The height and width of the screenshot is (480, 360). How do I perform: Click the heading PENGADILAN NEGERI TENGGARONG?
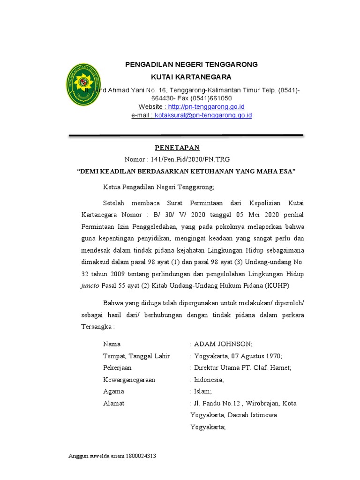pyautogui.click(x=191, y=64)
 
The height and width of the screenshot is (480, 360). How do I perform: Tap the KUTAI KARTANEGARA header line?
pyautogui.click(x=191, y=77)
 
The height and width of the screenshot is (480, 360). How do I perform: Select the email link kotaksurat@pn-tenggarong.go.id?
pyautogui.click(x=203, y=115)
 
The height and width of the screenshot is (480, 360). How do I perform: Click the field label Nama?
pyautogui.click(x=112, y=344)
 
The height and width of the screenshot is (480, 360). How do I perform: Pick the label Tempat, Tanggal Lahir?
pyautogui.click(x=136, y=356)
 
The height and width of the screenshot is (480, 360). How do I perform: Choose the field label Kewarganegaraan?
pyautogui.click(x=129, y=379)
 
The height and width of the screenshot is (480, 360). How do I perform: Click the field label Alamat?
pyautogui.click(x=113, y=403)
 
